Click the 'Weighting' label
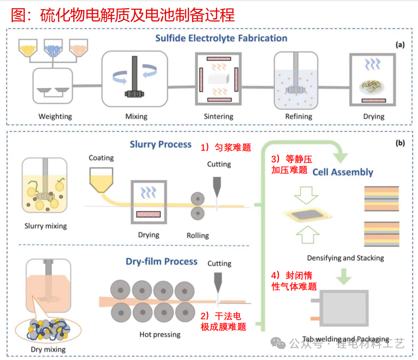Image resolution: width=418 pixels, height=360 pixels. coord(55,116)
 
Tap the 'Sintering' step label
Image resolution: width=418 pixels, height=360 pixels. coord(219,116)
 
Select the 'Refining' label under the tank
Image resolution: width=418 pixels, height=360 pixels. coord(299,116)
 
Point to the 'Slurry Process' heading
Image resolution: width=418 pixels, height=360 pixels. coord(160,144)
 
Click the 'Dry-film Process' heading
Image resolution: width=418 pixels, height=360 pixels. coord(162,262)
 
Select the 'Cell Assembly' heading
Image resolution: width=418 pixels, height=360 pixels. coord(343,172)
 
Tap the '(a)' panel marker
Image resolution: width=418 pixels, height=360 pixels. coord(400,44)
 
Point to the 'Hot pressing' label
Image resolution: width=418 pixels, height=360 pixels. coord(160,334)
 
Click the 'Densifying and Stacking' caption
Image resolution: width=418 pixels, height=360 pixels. coord(345,258)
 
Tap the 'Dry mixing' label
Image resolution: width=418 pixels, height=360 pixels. coord(48,349)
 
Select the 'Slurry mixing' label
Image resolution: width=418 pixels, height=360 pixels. coord(45,226)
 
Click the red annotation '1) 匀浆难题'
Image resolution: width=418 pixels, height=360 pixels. coord(225,148)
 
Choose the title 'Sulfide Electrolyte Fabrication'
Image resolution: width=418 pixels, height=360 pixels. coord(221,38)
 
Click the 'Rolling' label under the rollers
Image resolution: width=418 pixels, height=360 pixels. coord(198,235)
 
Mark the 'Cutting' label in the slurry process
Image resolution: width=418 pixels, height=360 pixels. coord(219,164)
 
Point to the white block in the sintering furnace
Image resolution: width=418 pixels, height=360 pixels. coord(219,80)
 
